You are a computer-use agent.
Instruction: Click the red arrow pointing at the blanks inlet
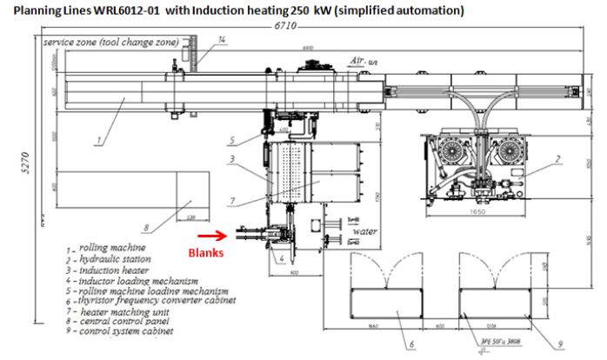[x=207, y=234]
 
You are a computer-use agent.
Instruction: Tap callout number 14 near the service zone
[x=223, y=39]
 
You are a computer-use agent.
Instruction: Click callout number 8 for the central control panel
[x=148, y=229]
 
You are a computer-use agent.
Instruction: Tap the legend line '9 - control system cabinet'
[x=123, y=330]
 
